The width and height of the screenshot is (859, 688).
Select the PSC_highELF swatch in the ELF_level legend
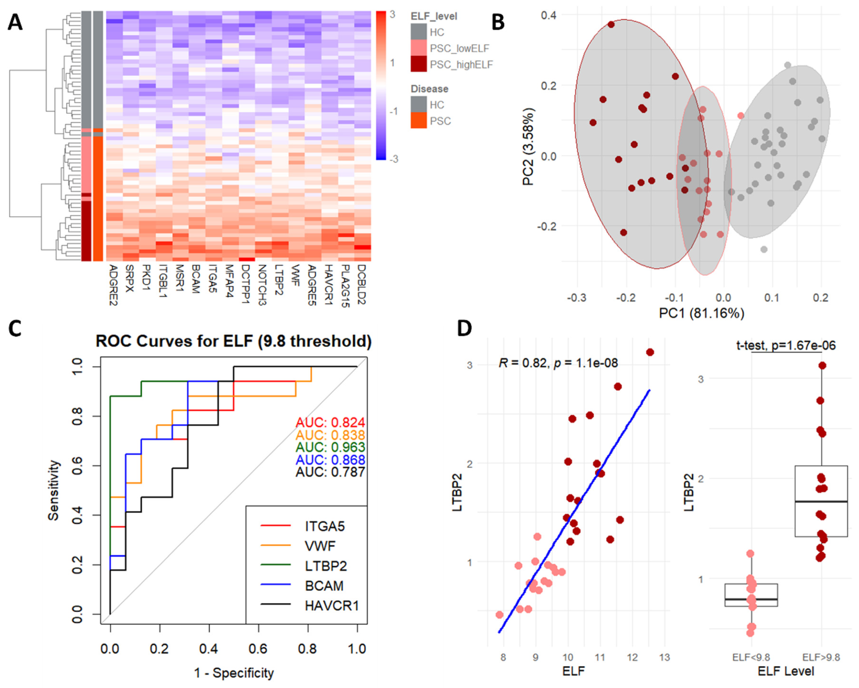coord(418,64)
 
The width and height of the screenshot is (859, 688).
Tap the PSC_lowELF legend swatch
coord(418,48)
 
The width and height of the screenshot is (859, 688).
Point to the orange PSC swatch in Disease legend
coord(418,121)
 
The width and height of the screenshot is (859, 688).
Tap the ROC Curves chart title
coord(233,341)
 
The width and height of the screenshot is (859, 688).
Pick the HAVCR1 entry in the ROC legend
coord(331,606)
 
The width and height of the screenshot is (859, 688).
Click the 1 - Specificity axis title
coord(234,673)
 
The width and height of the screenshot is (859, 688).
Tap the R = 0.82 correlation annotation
coord(558,363)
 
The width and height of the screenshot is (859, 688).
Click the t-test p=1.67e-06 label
coord(786,345)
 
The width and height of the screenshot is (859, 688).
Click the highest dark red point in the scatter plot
coord(650,352)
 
